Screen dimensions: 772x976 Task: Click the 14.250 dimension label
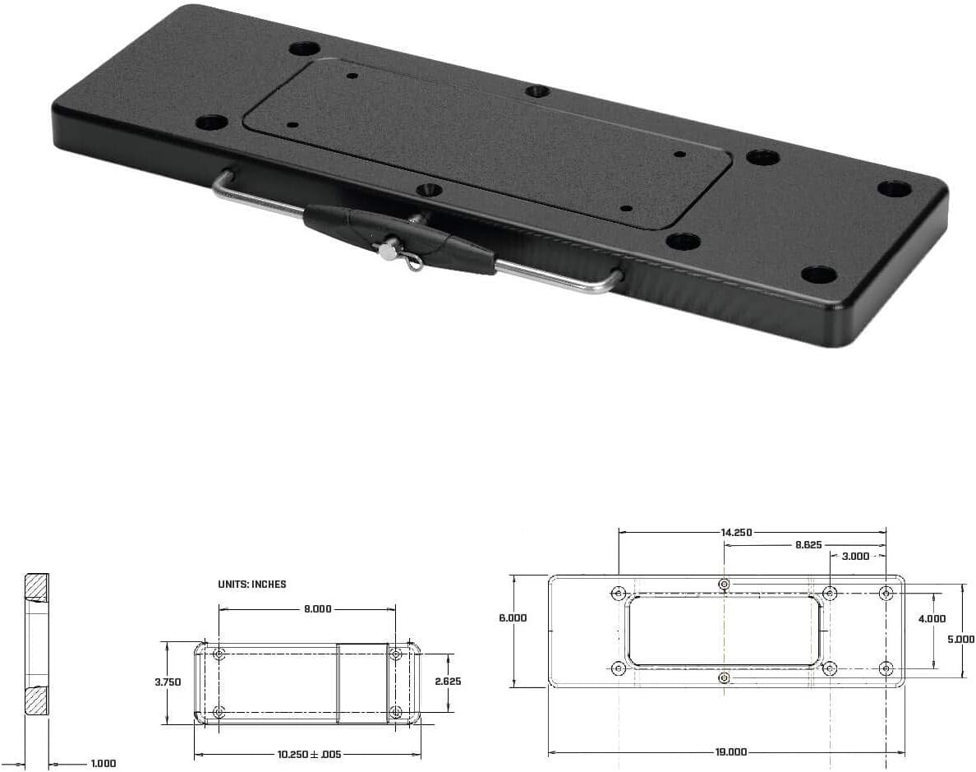[736, 532]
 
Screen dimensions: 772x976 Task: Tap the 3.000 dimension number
[854, 556]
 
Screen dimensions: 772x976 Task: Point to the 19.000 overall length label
[730, 751]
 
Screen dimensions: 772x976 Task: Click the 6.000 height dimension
[513, 617]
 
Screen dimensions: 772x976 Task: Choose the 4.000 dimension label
[932, 619]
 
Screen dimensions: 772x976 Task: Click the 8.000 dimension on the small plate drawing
[317, 609]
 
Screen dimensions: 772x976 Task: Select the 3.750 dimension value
[167, 682]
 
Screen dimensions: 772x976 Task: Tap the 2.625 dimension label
[448, 682]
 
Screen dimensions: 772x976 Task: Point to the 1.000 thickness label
[103, 764]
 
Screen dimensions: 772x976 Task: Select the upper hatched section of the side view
[35, 586]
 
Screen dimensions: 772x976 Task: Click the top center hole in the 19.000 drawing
[724, 584]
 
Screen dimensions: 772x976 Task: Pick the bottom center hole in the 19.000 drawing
[724, 677]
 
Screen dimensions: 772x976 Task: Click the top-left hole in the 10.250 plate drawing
[219, 654]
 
